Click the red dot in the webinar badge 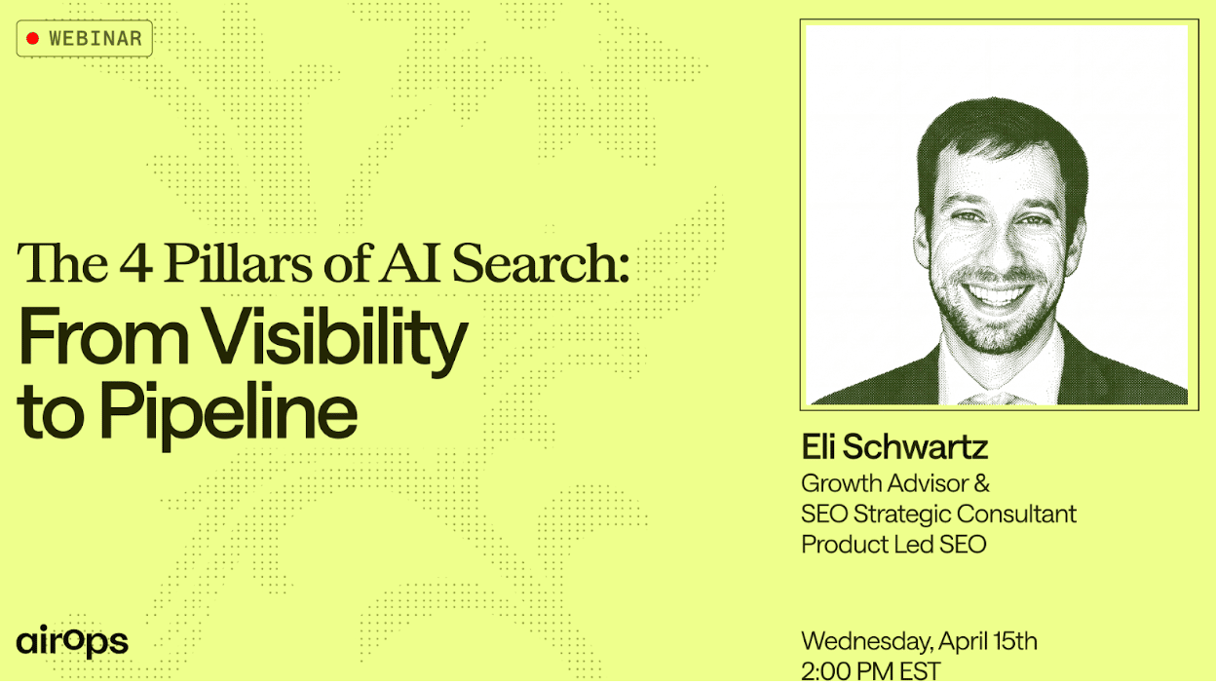(x=32, y=39)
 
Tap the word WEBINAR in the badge (x=95, y=39)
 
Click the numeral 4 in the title (x=135, y=263)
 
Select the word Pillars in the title (x=239, y=262)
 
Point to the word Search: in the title (x=540, y=262)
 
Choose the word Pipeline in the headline (x=229, y=412)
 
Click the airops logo (x=72, y=641)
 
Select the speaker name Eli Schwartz (x=894, y=447)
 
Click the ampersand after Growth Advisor (x=981, y=483)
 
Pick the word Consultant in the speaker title (x=1016, y=514)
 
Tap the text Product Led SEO (x=893, y=544)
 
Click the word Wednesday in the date (x=867, y=642)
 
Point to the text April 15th (x=988, y=642)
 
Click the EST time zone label (x=920, y=671)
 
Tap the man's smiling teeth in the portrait (x=997, y=293)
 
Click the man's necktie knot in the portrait (x=995, y=399)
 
